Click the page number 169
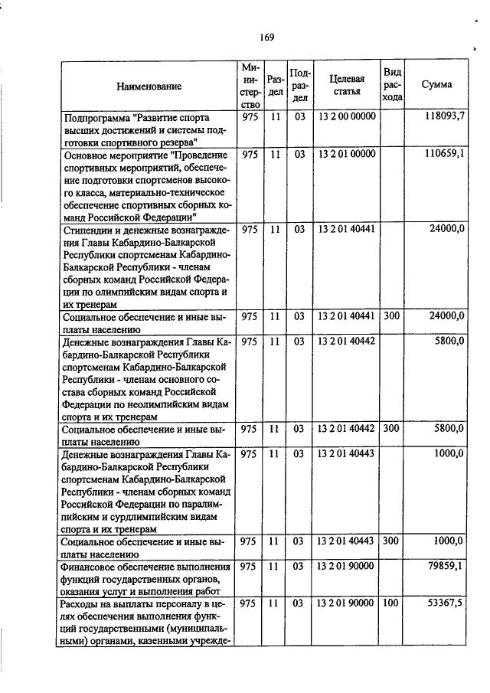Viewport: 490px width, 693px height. pos(266,37)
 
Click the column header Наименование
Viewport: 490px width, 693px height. pos(149,86)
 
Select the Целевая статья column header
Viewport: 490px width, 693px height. pos(347,85)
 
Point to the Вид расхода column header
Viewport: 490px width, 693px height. pos(392,85)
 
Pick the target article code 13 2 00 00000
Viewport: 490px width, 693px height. pos(346,116)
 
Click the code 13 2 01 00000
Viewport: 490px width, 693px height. pos(346,154)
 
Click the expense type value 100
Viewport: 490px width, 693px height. pos(391,603)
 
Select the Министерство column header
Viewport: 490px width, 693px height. pos(250,85)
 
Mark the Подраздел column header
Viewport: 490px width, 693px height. pos(299,85)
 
